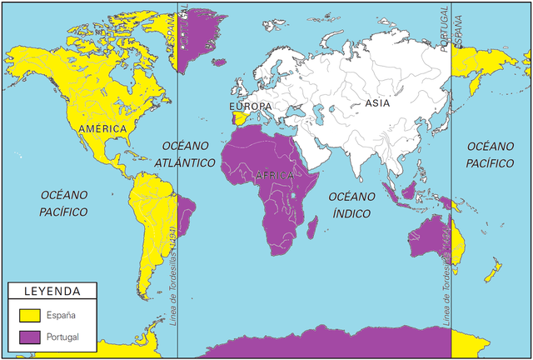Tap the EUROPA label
click(x=250, y=107)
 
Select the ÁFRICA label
click(x=275, y=175)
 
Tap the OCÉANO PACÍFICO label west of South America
click(x=63, y=202)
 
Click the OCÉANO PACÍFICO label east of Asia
click(x=490, y=154)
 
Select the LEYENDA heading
click(x=51, y=292)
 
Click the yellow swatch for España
click(x=30, y=315)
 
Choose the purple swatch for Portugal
click(x=30, y=337)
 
